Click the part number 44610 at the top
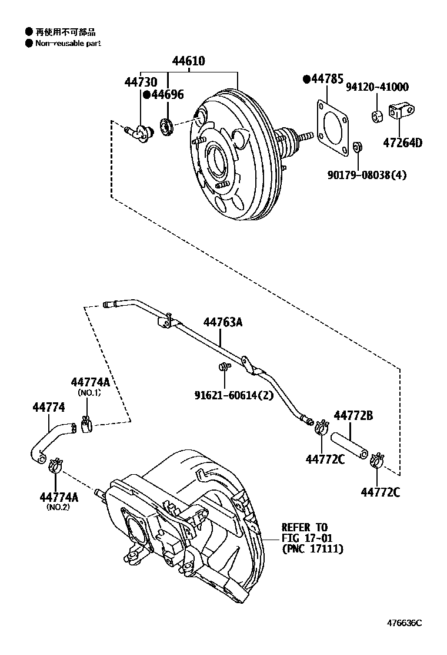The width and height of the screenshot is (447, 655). coord(188,61)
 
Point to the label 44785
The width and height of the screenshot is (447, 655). coord(326,79)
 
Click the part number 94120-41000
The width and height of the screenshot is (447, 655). coord(377,87)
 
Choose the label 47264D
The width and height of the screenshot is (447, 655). coord(403,142)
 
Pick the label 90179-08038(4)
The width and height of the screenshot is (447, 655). coord(367,174)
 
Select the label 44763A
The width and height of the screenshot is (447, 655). coord(223,322)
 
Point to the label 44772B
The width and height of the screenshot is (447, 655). coord(353,416)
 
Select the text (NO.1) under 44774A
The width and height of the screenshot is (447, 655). coord(89,393)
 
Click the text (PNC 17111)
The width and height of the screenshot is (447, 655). coord(312,549)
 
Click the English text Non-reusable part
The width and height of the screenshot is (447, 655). coord(68,44)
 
